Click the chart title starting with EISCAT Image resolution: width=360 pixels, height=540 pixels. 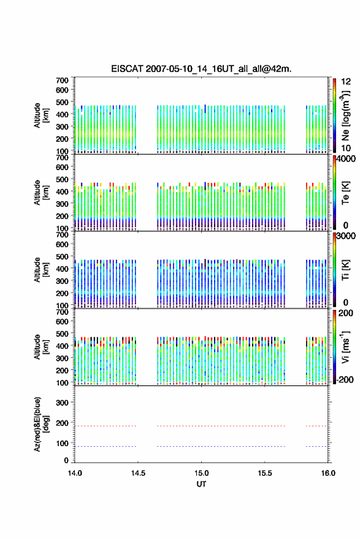pos(201,69)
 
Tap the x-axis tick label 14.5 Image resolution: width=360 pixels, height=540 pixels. pos(138,473)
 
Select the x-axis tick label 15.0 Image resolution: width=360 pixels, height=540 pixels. pos(201,473)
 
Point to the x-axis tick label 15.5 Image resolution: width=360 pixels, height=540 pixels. pos(265,473)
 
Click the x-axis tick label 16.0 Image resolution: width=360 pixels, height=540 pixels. pos(328,473)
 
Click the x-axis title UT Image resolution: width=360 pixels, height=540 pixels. pos(201,484)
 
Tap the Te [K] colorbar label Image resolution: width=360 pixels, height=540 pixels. pos(345,193)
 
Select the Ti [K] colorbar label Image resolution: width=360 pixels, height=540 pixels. pos(345,270)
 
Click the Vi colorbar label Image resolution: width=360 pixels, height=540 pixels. pos(345,347)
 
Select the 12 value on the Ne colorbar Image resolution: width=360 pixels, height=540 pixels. pos(346,82)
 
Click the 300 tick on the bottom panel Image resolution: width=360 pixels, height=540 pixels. pos(62,403)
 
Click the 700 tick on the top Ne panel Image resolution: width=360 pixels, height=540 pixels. pos(62,80)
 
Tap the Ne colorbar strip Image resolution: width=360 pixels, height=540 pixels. pos(334,116)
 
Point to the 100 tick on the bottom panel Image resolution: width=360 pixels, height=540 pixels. pos(62,443)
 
